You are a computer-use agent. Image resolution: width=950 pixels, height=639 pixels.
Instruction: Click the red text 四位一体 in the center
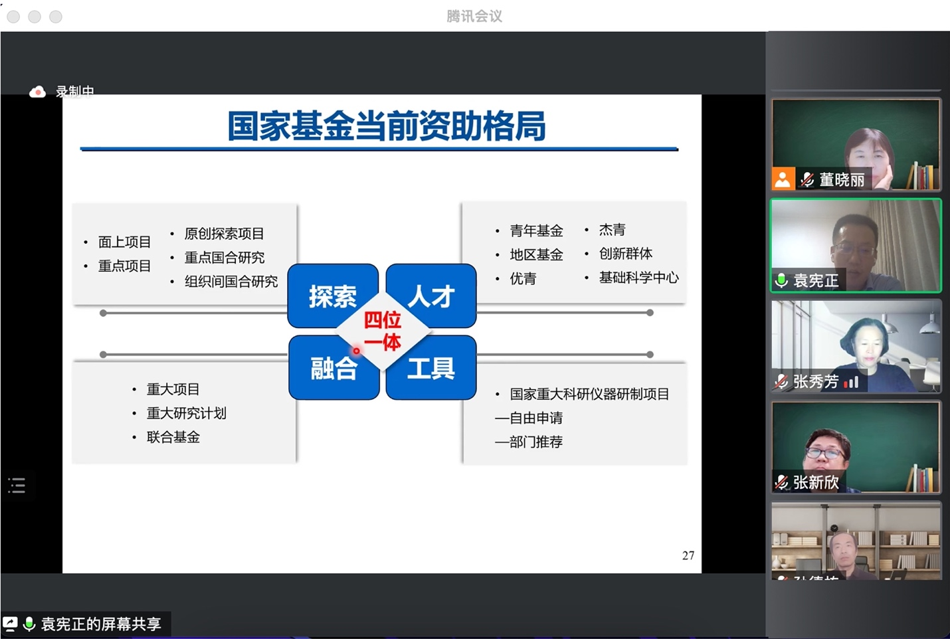coord(383,331)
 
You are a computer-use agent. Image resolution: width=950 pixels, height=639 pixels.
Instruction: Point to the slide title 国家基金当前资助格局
coord(386,126)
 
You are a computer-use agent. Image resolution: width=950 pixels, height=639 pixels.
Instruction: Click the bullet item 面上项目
coord(124,242)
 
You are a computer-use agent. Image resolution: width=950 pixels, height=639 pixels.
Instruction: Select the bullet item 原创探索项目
coord(224,234)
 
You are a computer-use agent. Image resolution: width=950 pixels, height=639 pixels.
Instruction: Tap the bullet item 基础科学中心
coord(638,278)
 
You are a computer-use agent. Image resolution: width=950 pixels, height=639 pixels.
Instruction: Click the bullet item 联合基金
coord(173,437)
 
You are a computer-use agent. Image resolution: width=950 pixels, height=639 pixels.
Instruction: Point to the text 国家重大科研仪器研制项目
coord(589,394)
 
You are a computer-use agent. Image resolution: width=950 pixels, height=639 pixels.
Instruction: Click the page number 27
coord(688,555)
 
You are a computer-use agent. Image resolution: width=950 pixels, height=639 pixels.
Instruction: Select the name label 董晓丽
coord(841,180)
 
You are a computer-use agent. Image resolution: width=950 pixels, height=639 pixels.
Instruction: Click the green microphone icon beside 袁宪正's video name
coord(782,280)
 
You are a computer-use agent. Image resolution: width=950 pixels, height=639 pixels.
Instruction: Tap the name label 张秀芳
coord(815,381)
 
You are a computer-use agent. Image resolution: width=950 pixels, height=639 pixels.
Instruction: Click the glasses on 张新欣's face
coord(824,454)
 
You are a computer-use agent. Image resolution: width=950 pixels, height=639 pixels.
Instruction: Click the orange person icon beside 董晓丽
coord(783,179)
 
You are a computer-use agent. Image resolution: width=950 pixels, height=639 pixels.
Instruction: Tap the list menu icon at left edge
coord(17,486)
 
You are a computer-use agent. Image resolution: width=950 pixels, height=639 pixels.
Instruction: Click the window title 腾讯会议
coord(474,16)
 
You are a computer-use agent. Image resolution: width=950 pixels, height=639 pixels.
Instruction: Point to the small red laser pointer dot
coord(356,351)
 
